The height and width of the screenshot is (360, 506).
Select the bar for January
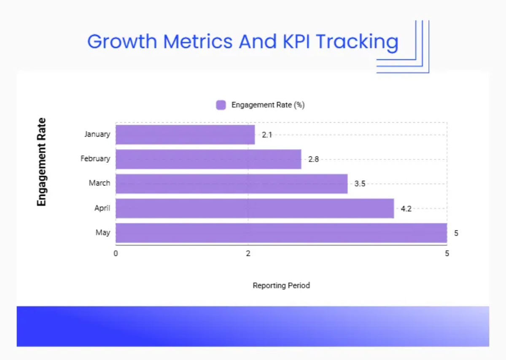click(x=185, y=134)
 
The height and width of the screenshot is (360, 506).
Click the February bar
click(x=208, y=159)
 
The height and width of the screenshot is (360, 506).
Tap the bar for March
click(x=231, y=183)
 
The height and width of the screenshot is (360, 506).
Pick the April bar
click(x=255, y=208)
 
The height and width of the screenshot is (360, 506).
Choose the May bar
click(x=281, y=233)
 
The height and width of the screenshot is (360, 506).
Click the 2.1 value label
click(x=267, y=135)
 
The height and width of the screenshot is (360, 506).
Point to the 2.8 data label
click(x=313, y=159)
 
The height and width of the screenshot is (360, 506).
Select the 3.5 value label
click(x=360, y=184)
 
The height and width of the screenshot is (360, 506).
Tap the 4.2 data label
click(x=406, y=208)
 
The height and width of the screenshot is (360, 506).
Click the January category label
click(x=97, y=134)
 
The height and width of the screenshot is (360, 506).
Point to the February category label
click(x=95, y=159)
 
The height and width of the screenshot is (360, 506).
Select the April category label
click(x=102, y=208)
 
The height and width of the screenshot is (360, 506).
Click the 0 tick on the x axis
click(x=116, y=254)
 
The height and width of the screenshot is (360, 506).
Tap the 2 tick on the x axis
click(x=248, y=254)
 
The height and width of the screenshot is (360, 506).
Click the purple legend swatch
click(x=221, y=105)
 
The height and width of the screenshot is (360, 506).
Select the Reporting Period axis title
click(x=281, y=285)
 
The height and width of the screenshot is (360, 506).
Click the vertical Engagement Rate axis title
click(x=41, y=162)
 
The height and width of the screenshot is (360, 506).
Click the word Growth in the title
click(x=122, y=41)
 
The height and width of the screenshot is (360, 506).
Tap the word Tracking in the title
click(x=357, y=41)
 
